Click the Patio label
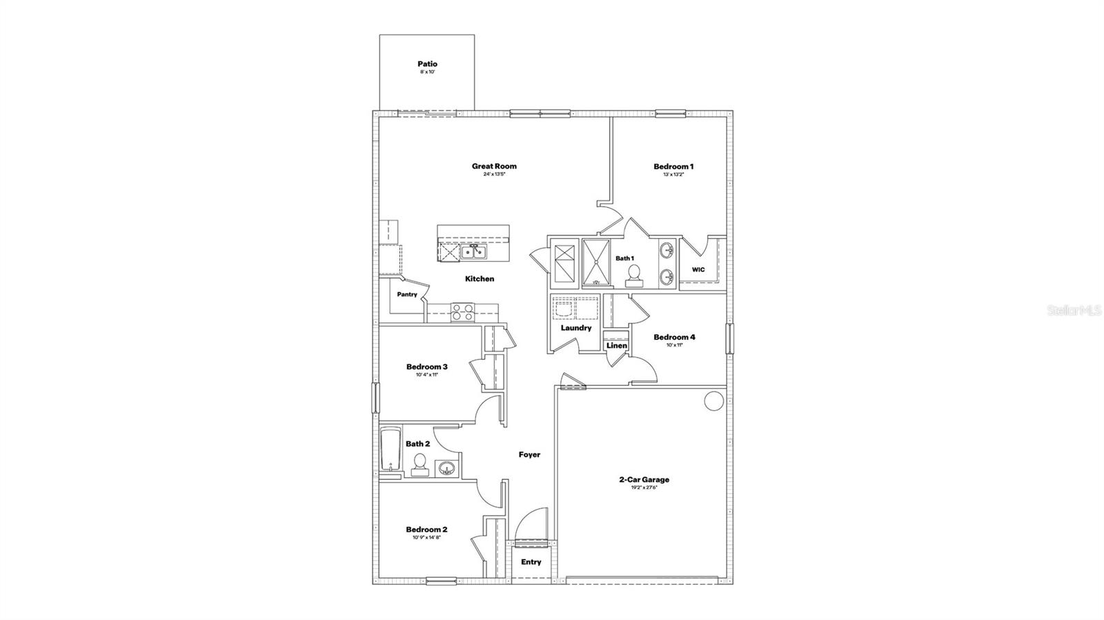pos(427,64)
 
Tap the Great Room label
pos(494,166)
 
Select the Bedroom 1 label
pos(673,166)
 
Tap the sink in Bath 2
pos(446,469)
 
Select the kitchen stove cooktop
pos(462,313)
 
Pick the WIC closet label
pos(698,270)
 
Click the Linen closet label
pos(616,346)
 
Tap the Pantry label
pos(407,295)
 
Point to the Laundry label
pos(575,328)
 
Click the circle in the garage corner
pos(713,400)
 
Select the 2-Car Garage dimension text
pos(643,488)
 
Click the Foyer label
pos(529,455)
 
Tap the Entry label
pos(531,562)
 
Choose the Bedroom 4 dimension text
pos(673,345)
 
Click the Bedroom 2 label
pos(426,530)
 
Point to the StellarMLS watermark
pos(1075,311)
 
